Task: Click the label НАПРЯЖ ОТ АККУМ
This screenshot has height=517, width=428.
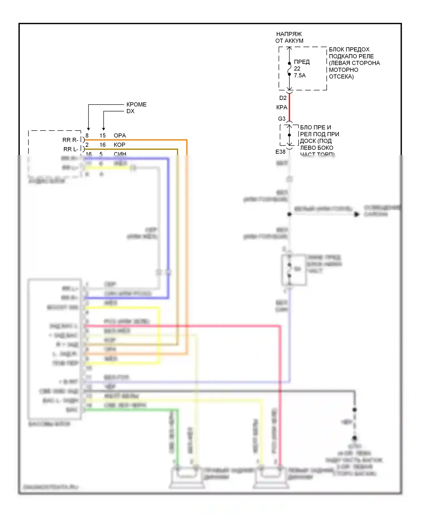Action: [x=289, y=37]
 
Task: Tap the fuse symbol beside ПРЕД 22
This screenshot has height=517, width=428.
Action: [x=289, y=69]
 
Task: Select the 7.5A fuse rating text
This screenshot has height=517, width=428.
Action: [x=300, y=76]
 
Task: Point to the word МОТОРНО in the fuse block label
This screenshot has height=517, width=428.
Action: [x=343, y=70]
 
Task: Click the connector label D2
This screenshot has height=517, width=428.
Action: [x=283, y=98]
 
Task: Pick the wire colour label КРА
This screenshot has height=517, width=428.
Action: [x=282, y=107]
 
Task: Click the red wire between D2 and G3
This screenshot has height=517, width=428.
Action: [x=289, y=107]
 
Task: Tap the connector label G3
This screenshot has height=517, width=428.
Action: [x=282, y=119]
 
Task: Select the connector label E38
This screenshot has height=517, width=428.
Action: [x=280, y=152]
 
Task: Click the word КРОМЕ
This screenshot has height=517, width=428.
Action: [x=136, y=105]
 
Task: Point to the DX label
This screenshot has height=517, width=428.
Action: [x=130, y=111]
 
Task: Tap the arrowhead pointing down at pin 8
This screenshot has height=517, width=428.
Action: [x=88, y=129]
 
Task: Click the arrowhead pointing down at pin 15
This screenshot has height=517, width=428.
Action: [x=104, y=129]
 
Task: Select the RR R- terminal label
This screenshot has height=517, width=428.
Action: [x=70, y=140]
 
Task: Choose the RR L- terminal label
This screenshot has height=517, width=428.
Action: [x=71, y=149]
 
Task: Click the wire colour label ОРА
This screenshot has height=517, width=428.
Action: [x=120, y=136]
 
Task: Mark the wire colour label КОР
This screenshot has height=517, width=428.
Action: [x=120, y=145]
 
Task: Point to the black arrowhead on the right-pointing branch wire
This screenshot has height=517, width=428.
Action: [x=357, y=214]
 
